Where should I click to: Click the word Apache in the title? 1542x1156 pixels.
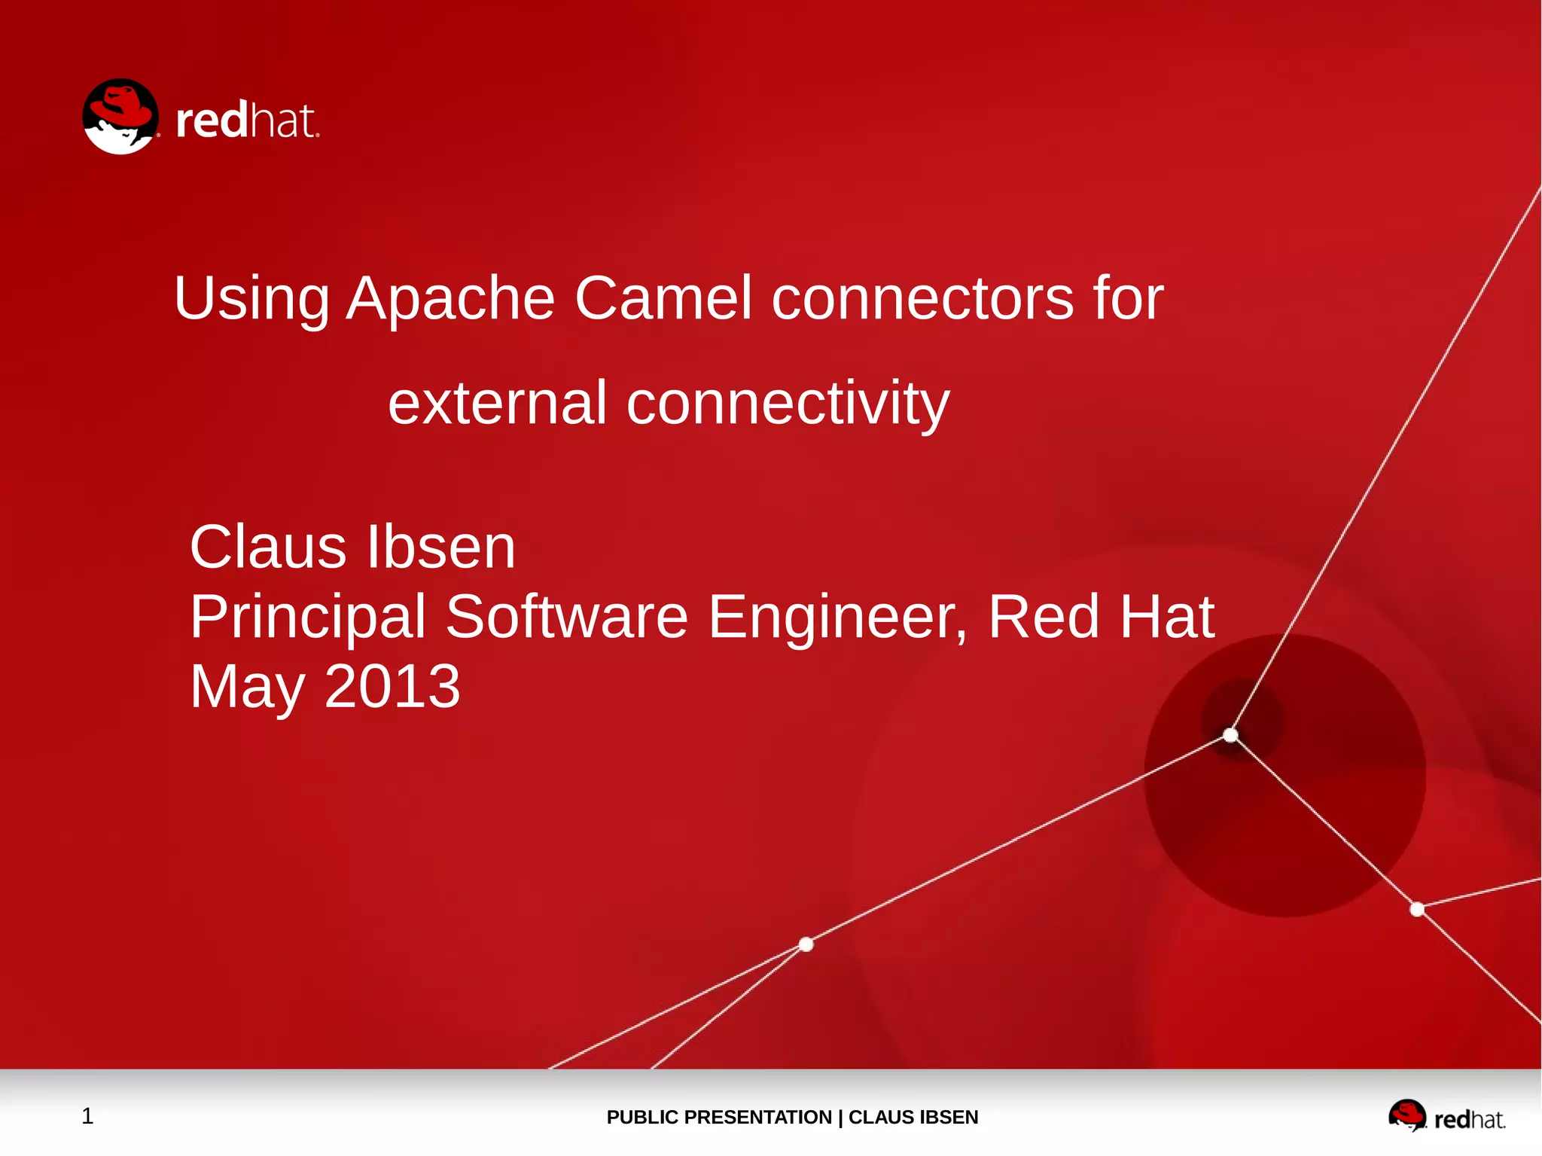449,299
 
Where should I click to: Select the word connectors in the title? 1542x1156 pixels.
922,299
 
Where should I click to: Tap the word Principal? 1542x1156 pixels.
308,618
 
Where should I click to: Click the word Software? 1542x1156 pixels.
566,616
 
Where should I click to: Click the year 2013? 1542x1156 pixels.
392,686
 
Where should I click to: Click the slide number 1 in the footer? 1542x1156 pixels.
87,1115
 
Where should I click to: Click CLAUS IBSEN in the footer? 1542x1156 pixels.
913,1117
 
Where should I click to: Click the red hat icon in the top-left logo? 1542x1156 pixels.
120,117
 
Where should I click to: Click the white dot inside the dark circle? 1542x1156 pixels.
1230,734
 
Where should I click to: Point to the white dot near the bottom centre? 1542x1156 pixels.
806,944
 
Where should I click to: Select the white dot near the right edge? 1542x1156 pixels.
1416,909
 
